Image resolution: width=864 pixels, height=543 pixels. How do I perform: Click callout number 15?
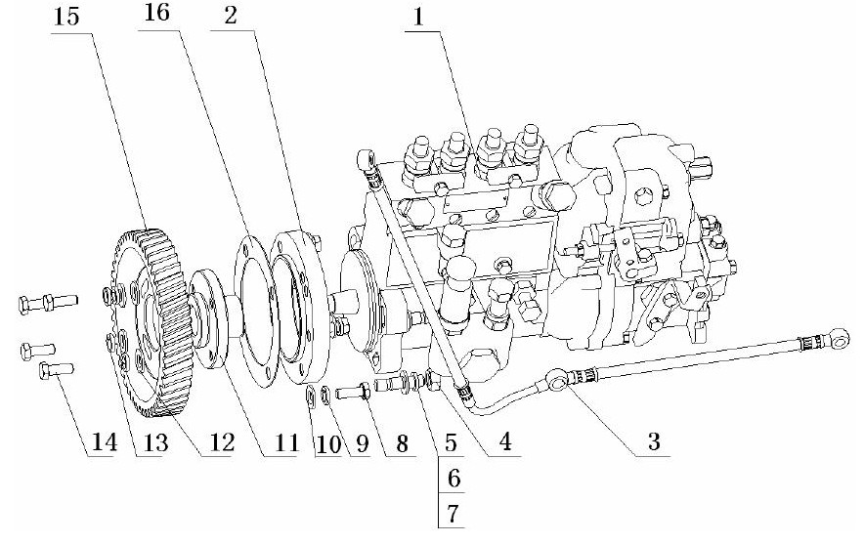(66, 17)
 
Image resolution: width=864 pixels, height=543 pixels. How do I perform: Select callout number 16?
(156, 12)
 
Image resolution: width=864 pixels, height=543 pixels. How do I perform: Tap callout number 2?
(231, 15)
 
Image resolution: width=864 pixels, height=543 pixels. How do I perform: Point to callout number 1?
(418, 17)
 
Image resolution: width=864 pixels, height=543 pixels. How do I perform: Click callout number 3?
(654, 441)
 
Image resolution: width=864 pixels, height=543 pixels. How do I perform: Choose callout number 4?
(504, 441)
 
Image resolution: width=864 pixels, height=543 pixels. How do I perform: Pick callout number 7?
(453, 514)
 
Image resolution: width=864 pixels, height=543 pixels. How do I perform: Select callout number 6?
(454, 478)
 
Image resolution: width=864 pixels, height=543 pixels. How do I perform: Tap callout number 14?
(105, 441)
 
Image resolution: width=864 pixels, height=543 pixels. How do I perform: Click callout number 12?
(222, 441)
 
